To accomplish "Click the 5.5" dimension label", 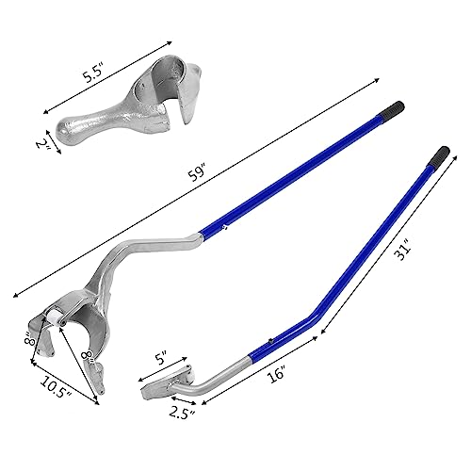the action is [92, 73].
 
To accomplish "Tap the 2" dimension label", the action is [43, 144].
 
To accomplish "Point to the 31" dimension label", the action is [403, 250].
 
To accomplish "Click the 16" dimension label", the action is [276, 374].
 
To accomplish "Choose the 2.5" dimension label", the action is [182, 414].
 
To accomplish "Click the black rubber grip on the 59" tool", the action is [394, 109].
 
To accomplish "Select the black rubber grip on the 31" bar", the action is [440, 155].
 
